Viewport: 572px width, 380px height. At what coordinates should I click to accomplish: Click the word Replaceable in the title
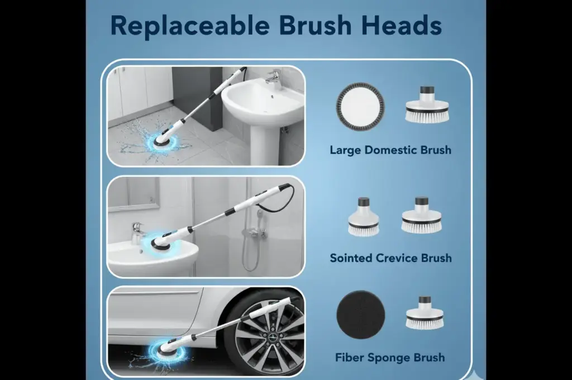[190, 26]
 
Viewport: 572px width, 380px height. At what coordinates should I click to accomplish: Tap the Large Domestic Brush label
[390, 150]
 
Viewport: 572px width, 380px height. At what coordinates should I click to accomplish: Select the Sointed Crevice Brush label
[390, 258]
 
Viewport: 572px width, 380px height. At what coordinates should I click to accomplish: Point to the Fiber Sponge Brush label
[390, 358]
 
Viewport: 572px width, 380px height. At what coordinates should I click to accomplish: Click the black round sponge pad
[360, 315]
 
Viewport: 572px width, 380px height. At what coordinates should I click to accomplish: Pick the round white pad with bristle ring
[360, 107]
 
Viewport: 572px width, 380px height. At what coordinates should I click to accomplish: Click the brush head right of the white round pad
[427, 104]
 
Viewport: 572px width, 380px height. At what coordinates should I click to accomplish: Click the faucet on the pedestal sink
[272, 78]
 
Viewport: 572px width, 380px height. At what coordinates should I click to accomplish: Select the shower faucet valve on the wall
[257, 231]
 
